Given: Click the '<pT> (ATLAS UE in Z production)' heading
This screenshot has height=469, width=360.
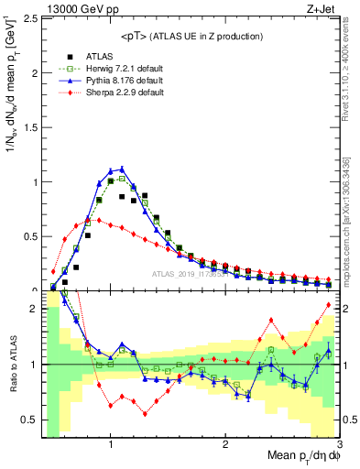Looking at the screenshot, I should pos(191,36).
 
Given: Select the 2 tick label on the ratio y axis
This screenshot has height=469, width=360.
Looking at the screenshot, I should pos(33,310).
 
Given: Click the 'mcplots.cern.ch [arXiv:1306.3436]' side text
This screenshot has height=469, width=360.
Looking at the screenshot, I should pos(348,220).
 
